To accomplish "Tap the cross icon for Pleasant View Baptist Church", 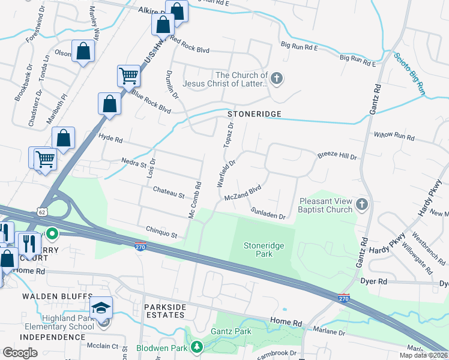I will click(x=361, y=205).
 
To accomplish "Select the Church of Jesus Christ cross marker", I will click(x=277, y=79).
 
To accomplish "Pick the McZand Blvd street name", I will click(x=243, y=193).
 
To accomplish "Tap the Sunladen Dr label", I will click(x=268, y=212).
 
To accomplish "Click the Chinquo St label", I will click(x=162, y=231).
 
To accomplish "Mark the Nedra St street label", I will click(x=133, y=163).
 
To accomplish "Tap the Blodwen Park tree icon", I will click(x=196, y=347).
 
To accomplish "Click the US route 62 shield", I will click(x=41, y=211).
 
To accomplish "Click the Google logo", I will click(x=20, y=353).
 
